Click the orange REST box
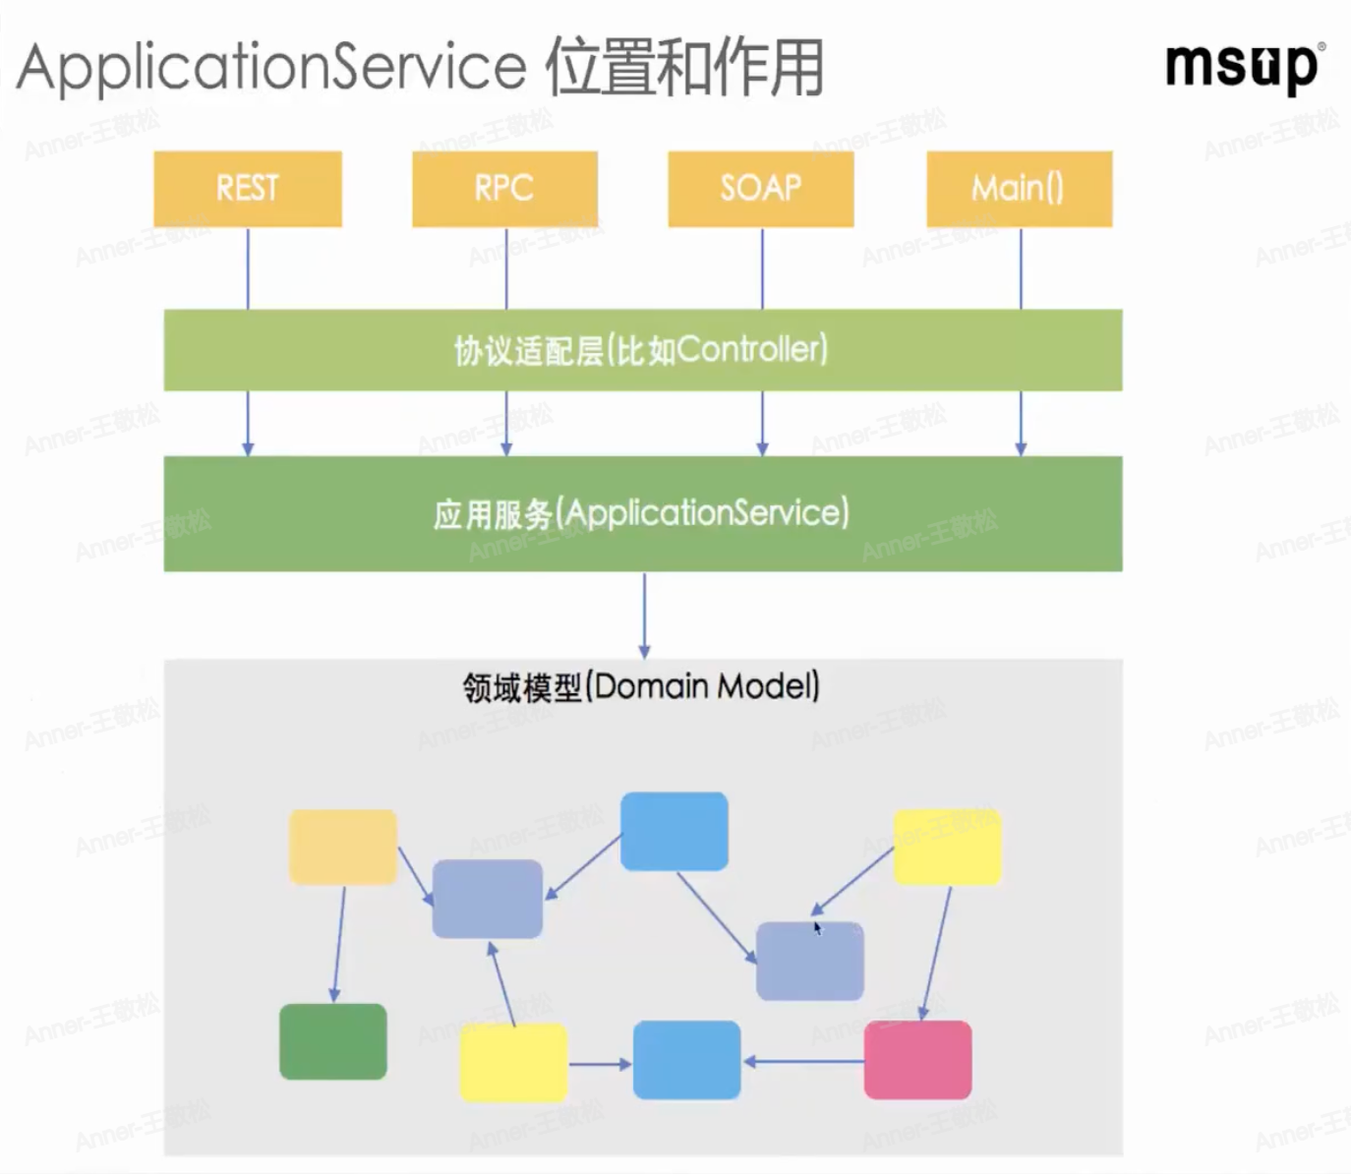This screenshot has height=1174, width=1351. click(x=248, y=189)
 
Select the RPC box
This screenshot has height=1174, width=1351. click(x=504, y=189)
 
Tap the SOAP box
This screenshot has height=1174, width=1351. click(x=761, y=189)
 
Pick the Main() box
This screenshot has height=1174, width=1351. click(x=1019, y=189)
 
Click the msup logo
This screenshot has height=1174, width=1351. click(x=1244, y=67)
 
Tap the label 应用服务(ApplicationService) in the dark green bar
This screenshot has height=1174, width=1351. click(x=641, y=513)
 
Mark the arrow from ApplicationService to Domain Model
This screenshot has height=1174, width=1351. click(x=644, y=615)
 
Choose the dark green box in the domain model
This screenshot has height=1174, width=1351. click(x=333, y=1041)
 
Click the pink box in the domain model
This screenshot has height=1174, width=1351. click(x=917, y=1060)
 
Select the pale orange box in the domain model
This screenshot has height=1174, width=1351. click(x=343, y=847)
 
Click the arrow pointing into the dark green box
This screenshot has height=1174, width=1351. click(x=339, y=944)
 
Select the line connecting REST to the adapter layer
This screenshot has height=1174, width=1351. click(x=248, y=268)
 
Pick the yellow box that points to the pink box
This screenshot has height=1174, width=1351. click(x=947, y=847)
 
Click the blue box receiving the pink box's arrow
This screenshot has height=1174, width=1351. click(x=686, y=1060)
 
